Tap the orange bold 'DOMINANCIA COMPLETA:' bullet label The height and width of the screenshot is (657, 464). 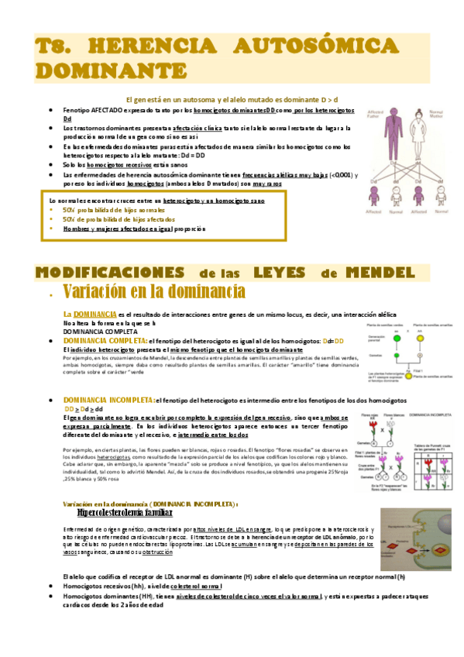[104, 341]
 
